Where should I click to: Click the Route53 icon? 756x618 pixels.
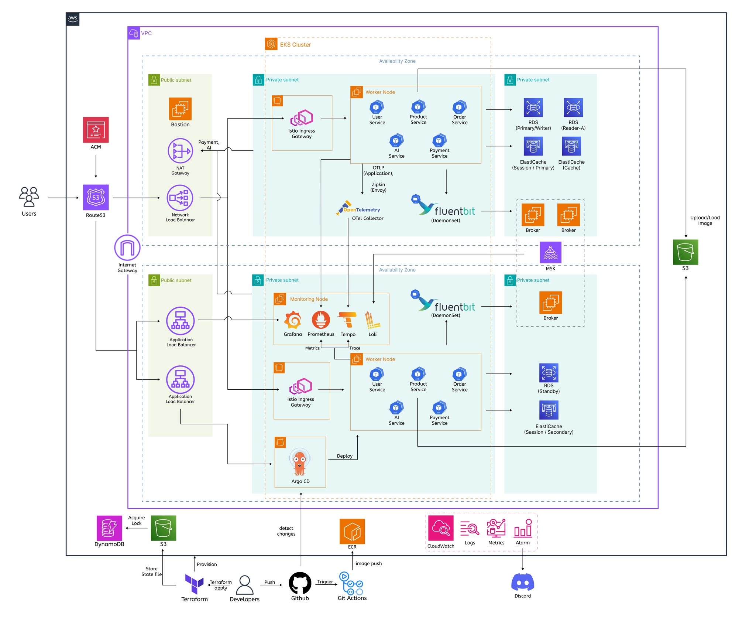coord(96,197)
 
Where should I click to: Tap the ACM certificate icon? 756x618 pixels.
coord(96,130)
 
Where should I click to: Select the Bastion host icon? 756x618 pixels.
coord(180,109)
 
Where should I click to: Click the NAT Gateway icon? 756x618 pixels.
coord(180,151)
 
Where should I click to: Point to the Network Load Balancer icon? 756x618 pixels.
coord(180,198)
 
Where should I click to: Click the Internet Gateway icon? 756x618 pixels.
coord(127,247)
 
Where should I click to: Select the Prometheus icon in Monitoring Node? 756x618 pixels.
coord(321,320)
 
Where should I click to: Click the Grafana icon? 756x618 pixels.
coord(293,320)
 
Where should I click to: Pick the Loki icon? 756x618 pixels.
coord(372,320)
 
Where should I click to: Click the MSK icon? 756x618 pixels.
coord(550,252)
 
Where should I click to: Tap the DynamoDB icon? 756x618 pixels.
coord(109,528)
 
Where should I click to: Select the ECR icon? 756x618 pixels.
coord(352,531)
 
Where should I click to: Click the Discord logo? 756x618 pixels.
coord(523,582)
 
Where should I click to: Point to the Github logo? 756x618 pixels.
coord(300,583)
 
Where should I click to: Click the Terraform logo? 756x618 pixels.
coord(194,584)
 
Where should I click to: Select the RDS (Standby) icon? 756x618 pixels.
coord(549,373)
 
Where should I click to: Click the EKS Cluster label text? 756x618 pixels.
coord(295,45)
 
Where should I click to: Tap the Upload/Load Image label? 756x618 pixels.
coord(705,221)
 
